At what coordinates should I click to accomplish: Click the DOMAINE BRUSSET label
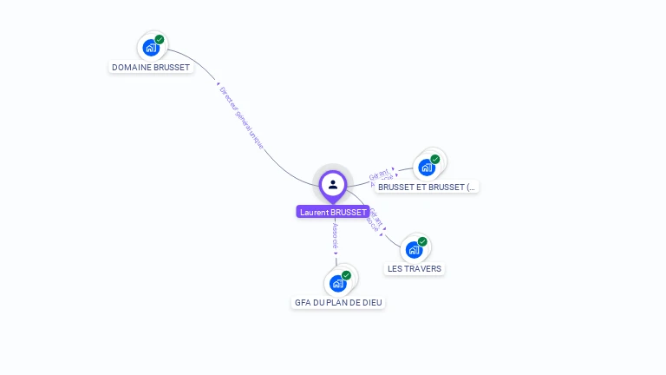tap(151, 67)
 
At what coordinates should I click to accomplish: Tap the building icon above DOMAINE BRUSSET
tap(151, 47)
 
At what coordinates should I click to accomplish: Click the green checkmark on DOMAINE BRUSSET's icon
tap(160, 39)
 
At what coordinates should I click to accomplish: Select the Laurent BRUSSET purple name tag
tap(333, 212)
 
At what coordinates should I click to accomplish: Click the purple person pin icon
tap(333, 184)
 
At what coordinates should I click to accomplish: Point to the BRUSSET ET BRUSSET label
tap(427, 187)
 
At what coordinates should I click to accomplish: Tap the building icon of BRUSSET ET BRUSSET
tap(426, 167)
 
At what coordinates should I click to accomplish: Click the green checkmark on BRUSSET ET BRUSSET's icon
tap(435, 159)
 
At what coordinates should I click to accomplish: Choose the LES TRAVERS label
tap(415, 268)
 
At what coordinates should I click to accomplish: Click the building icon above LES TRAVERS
tap(414, 249)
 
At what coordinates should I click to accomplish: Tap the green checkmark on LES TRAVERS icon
tap(422, 241)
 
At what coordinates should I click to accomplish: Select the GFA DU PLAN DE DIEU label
tap(338, 302)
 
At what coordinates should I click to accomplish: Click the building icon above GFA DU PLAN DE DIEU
tap(337, 283)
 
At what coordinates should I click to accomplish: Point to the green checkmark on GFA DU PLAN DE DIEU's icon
tap(346, 275)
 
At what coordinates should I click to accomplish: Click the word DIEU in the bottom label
tap(373, 302)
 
